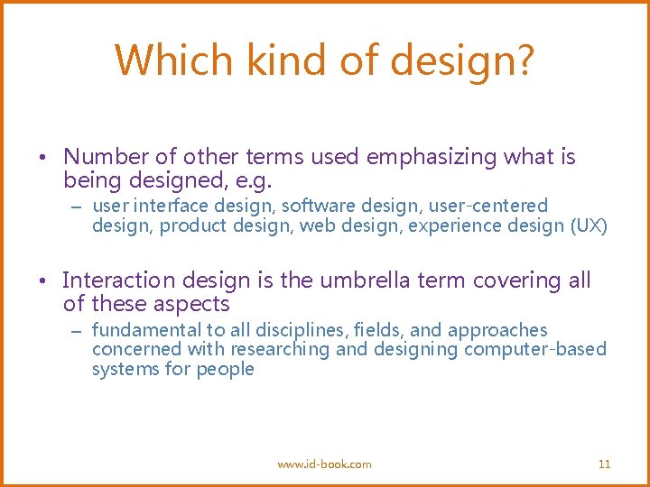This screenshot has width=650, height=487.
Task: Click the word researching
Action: tap(280, 350)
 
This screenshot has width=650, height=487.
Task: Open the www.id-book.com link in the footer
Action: tap(324, 464)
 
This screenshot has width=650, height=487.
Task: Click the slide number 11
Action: tap(605, 464)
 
